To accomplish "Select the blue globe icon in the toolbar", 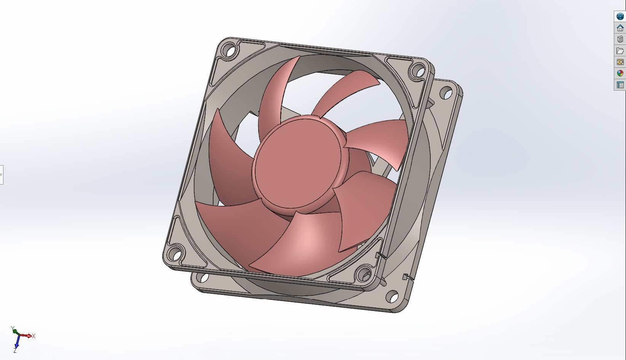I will coord(620,16).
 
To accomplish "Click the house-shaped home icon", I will coord(620,28).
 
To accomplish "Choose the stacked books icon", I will coord(620,39).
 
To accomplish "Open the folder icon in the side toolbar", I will coord(620,51).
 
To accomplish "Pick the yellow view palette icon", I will coord(620,62).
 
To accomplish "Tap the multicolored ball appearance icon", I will coord(620,73).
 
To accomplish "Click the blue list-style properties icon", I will coord(620,85).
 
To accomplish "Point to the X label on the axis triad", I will coord(34,336).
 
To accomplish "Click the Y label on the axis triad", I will coord(13,328).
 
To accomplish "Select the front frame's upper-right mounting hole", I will coord(418,70).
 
